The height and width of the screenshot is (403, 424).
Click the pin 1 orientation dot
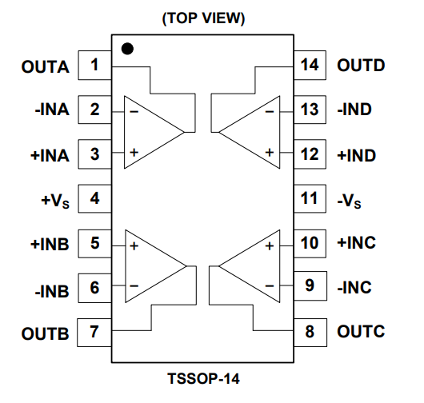click(x=127, y=49)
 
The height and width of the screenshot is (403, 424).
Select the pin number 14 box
click(x=310, y=65)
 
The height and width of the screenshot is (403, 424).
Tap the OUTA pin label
click(x=45, y=66)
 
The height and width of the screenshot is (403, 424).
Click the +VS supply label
click(x=55, y=201)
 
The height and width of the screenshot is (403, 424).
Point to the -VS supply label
click(x=349, y=201)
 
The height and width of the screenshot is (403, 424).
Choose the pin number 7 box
click(x=94, y=333)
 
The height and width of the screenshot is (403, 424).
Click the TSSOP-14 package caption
click(x=203, y=378)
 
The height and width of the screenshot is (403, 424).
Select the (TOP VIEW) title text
click(x=203, y=18)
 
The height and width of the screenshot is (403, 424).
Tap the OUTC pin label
click(x=361, y=331)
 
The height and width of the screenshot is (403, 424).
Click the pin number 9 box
click(x=310, y=285)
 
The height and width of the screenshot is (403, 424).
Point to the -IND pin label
click(x=354, y=110)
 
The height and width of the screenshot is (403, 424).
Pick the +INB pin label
click(x=50, y=244)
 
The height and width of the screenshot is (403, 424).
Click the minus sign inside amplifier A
click(x=134, y=111)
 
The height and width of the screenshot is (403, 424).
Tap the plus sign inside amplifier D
click(x=270, y=153)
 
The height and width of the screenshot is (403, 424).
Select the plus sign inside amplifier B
click(x=134, y=245)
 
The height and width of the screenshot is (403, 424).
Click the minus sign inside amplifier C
click(x=270, y=285)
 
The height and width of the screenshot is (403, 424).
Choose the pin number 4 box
click(x=95, y=198)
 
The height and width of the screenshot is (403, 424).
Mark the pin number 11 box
click(x=310, y=198)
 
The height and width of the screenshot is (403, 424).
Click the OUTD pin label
click(x=361, y=66)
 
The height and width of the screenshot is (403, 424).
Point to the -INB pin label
click(x=52, y=291)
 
